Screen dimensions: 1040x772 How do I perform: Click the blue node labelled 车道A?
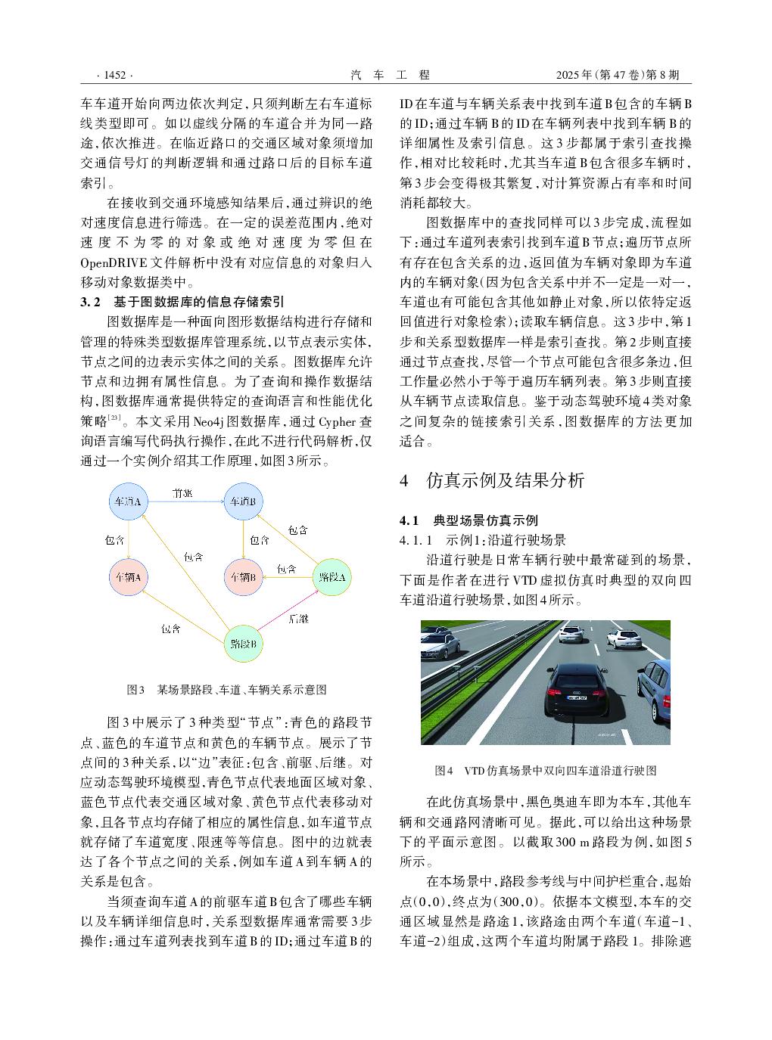pos(128,501)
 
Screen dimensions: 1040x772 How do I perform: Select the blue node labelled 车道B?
pos(243,501)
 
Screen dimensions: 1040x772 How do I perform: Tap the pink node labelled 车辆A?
pos(128,577)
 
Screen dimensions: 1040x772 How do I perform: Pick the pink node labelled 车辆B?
pos(243,577)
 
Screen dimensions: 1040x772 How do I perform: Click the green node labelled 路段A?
pos(332,577)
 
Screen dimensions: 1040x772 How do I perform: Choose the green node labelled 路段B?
pos(243,644)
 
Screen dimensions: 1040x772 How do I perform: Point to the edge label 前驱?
pos(182,493)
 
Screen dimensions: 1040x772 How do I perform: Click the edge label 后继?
pos(299,619)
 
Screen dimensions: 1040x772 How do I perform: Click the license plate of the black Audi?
pos(577,697)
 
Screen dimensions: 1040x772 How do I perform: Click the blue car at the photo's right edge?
pos(655,688)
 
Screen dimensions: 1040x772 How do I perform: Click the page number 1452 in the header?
pos(115,75)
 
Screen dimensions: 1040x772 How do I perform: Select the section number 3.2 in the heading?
pos(90,302)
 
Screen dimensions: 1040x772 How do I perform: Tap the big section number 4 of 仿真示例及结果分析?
pos(404,480)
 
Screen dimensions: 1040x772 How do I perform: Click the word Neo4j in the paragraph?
pos(215,421)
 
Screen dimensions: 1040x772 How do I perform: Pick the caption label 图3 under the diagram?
pos(135,690)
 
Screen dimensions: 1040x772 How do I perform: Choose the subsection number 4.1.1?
pos(416,540)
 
